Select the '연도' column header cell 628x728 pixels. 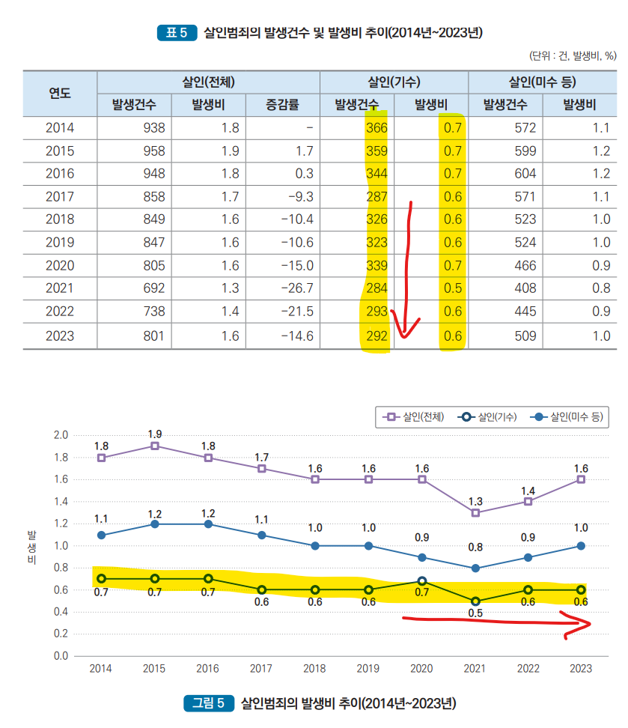(x=60, y=93)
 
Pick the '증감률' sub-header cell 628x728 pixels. (x=282, y=104)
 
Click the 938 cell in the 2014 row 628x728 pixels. (x=150, y=127)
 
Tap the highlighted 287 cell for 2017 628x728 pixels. (x=377, y=197)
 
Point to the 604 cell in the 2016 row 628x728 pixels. (x=524, y=174)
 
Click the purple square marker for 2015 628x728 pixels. (x=154, y=446)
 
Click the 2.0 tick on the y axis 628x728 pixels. (x=61, y=435)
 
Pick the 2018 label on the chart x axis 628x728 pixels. (x=314, y=669)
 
